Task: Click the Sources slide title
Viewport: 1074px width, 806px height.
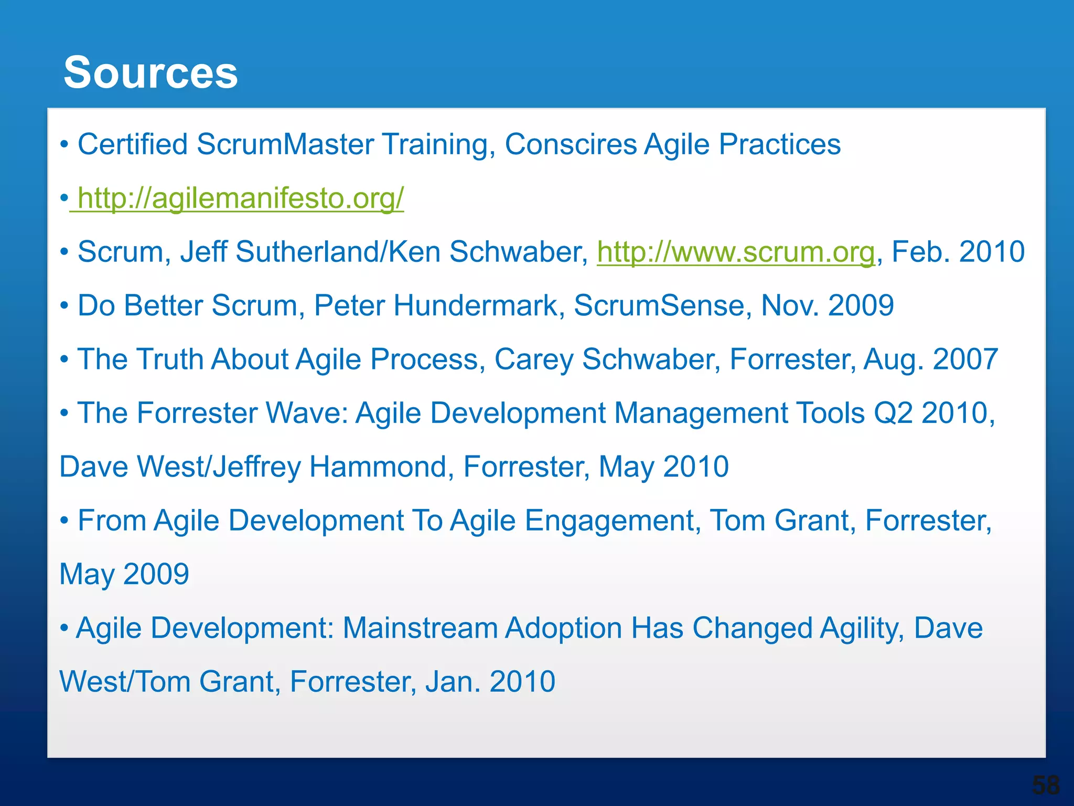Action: pos(151,72)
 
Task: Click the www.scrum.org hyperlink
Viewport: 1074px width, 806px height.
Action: pos(736,252)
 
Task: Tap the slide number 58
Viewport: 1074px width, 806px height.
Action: pos(1046,786)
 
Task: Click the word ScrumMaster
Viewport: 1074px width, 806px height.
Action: pos(285,144)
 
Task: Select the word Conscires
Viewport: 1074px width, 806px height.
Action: pos(571,144)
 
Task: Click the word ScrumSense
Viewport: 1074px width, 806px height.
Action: pos(659,306)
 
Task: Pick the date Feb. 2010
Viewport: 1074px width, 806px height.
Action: pos(958,252)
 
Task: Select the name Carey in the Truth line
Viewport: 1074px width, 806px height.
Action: pos(534,360)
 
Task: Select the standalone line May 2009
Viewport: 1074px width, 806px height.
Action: pos(124,575)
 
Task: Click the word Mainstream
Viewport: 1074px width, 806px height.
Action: pos(420,628)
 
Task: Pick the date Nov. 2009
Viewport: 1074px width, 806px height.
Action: pos(827,306)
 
